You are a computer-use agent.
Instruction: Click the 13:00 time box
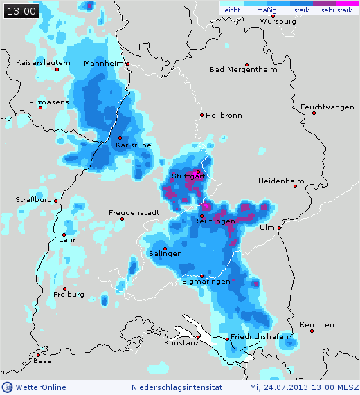[x=21, y=11]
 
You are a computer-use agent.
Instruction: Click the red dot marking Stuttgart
[x=198, y=172]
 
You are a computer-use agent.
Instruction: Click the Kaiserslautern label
[x=43, y=63]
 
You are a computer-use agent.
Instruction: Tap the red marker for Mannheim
[x=129, y=64]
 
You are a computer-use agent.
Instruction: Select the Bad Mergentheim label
[x=243, y=69]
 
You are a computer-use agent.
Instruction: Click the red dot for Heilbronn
[x=201, y=115]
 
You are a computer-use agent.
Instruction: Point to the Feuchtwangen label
[x=327, y=107]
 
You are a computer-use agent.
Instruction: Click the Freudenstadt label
[x=134, y=212]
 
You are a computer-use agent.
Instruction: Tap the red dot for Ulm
[x=280, y=228]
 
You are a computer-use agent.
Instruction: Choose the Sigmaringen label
[x=205, y=282]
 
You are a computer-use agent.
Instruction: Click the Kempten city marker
[x=312, y=331]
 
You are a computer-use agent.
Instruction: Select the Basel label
[x=44, y=361]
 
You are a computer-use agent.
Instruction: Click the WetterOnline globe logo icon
[x=8, y=387]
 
